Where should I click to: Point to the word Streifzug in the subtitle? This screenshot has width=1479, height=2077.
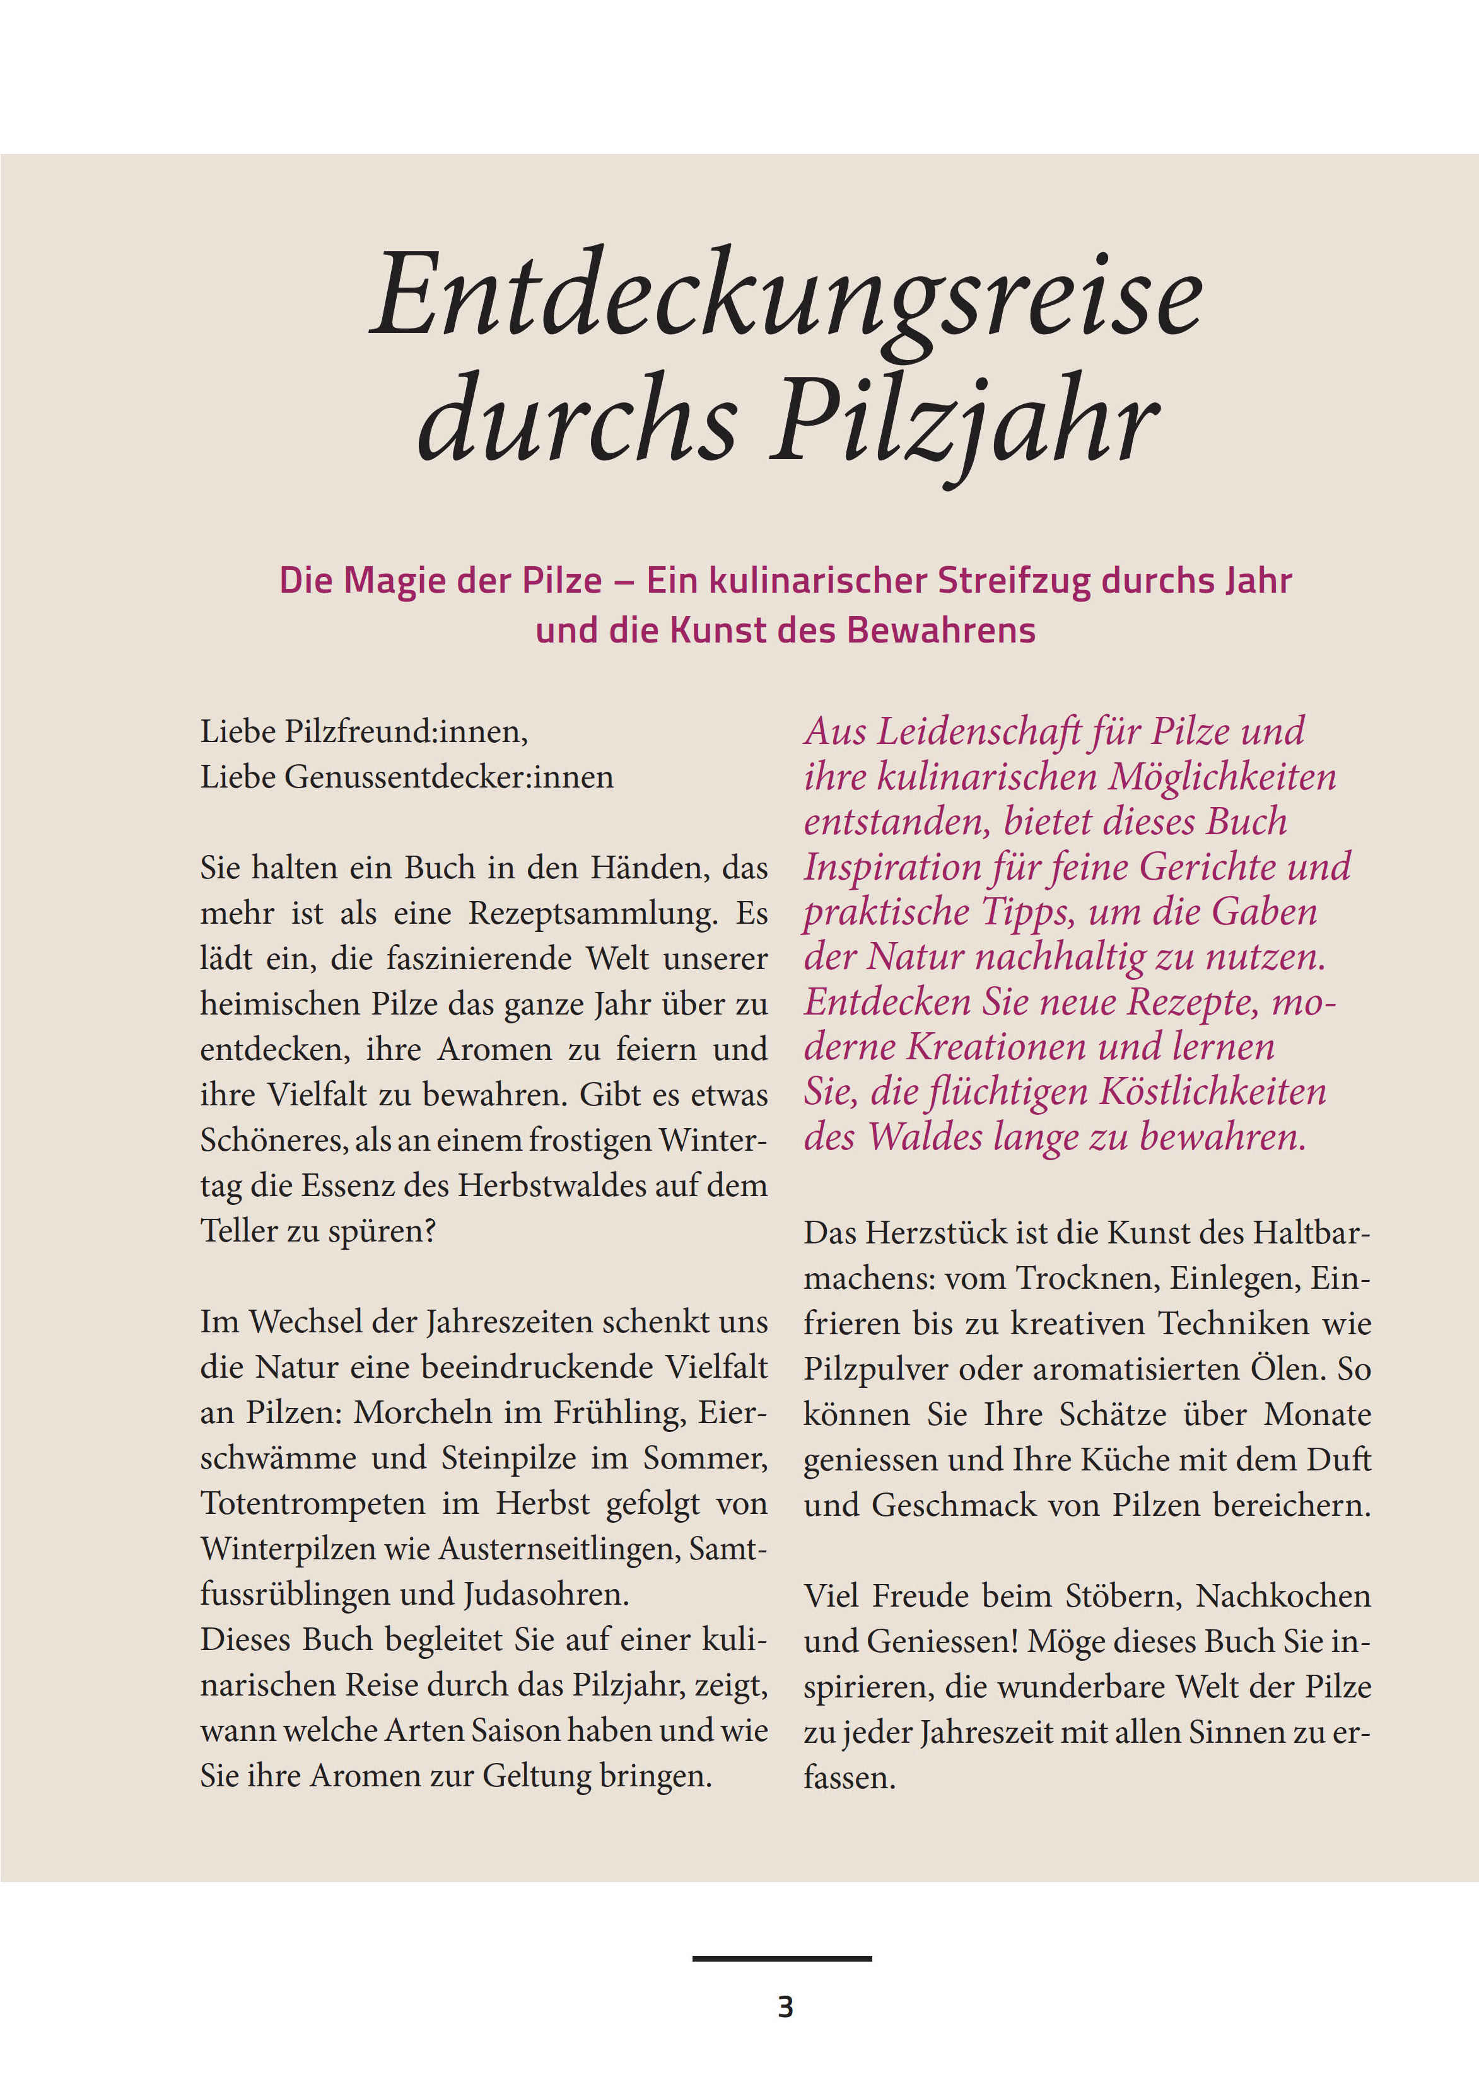(x=1014, y=580)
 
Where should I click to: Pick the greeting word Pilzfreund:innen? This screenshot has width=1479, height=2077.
(x=406, y=731)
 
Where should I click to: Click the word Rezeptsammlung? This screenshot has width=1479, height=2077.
(x=593, y=912)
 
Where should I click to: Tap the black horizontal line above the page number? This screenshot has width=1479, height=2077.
(x=781, y=1958)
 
